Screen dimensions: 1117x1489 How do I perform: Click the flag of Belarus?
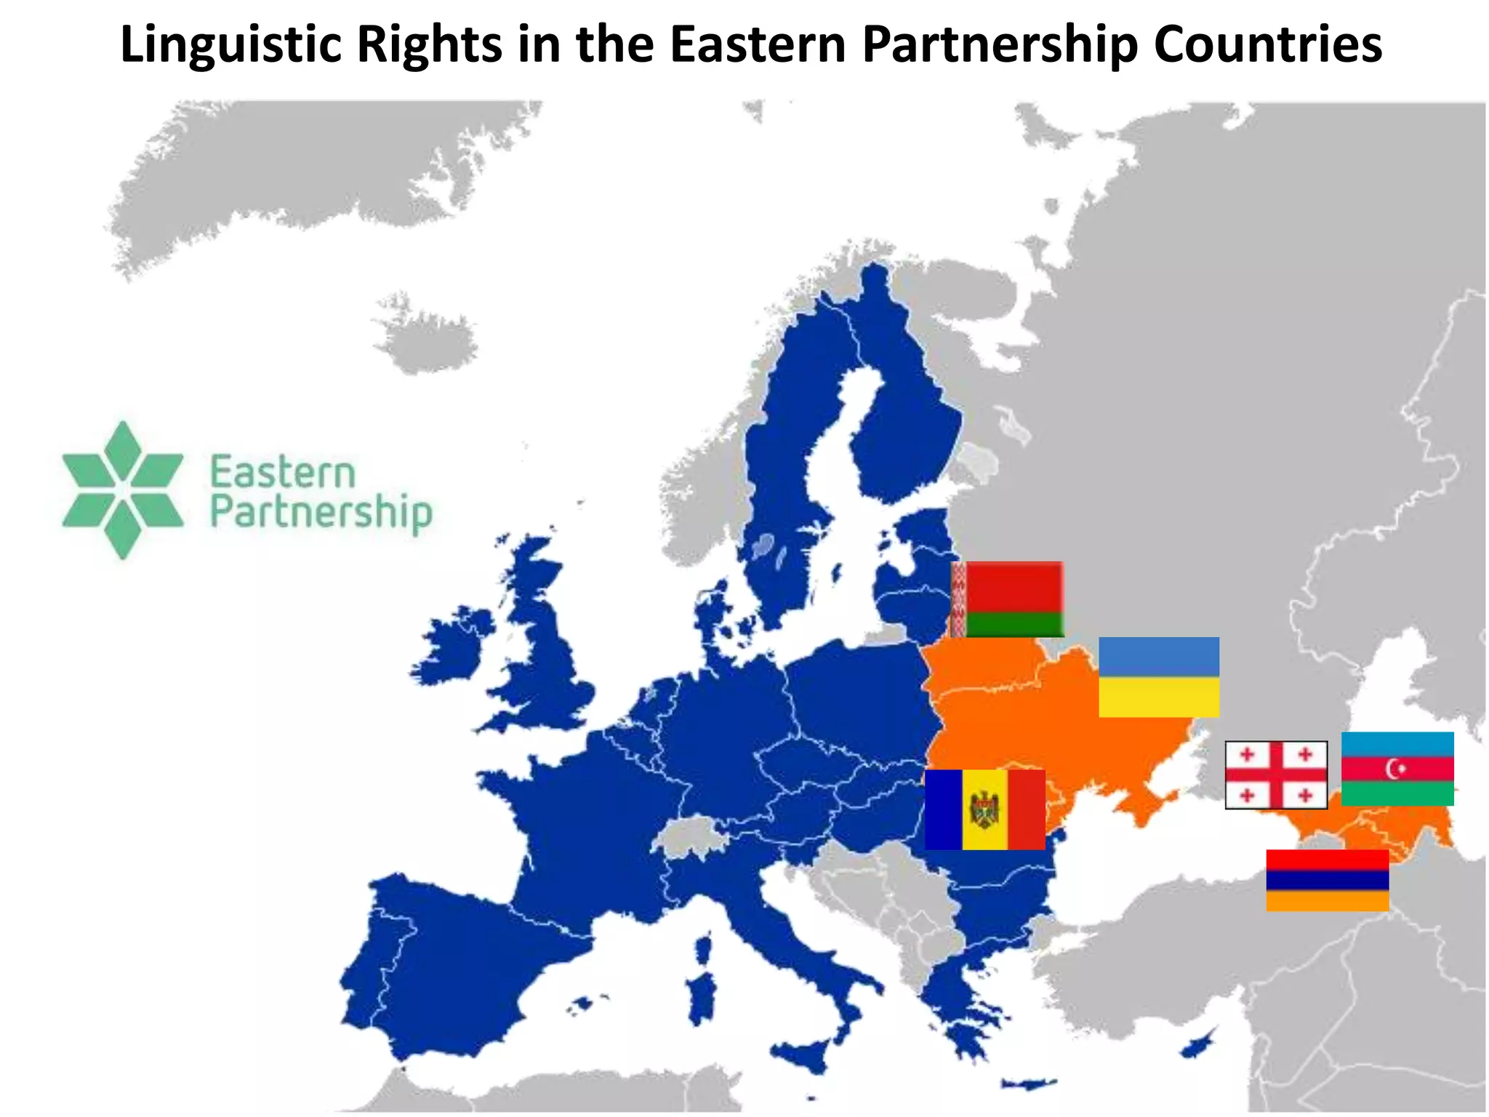[x=1008, y=599]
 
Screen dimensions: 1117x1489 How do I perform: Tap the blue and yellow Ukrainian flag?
[x=1158, y=677]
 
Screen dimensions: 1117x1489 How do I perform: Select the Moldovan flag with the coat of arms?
[x=984, y=809]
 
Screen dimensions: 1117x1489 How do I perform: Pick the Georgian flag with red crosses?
[x=1276, y=775]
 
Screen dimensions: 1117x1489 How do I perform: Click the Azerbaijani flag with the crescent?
[x=1397, y=769]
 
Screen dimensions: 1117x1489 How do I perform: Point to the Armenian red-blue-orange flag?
[x=1327, y=880]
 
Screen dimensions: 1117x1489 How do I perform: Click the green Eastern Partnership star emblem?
[x=122, y=490]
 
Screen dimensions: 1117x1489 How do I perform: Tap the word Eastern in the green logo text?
[x=283, y=473]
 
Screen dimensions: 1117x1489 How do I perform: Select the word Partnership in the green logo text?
[x=321, y=513]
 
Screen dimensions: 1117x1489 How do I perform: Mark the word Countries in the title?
[x=1267, y=45]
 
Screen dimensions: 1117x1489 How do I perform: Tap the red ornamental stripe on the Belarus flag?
[x=959, y=599]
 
